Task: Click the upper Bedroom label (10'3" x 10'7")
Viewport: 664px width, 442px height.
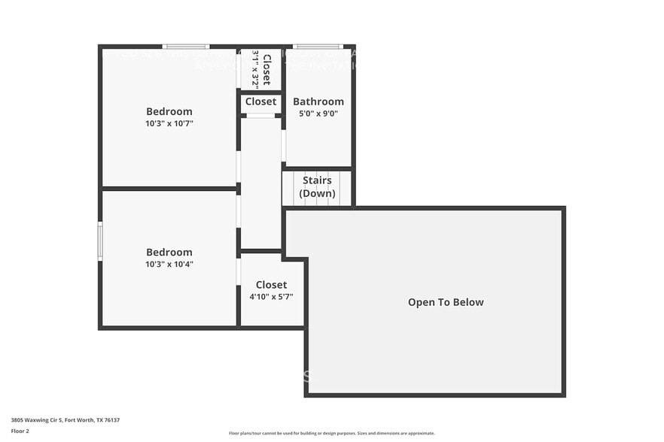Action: click(x=169, y=111)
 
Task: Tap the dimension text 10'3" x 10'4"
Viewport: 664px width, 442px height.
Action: click(x=169, y=265)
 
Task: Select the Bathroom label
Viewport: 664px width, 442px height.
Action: click(x=318, y=101)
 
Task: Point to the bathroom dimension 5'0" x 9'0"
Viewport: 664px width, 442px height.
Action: click(x=318, y=114)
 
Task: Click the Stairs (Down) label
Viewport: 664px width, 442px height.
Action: click(x=317, y=187)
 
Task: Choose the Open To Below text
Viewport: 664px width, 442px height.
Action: click(x=446, y=302)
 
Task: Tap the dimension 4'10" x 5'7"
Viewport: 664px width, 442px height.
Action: click(x=271, y=297)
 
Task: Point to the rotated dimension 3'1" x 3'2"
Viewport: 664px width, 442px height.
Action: click(x=255, y=69)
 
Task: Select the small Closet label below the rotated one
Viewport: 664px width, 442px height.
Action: click(x=260, y=101)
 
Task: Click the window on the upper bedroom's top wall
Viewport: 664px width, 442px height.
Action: click(x=185, y=47)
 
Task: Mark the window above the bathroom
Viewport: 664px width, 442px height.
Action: click(x=317, y=47)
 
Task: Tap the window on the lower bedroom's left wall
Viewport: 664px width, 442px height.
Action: click(x=100, y=241)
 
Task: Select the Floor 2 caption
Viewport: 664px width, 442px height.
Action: click(x=20, y=431)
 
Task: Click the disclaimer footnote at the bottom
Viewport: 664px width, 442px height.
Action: click(x=331, y=433)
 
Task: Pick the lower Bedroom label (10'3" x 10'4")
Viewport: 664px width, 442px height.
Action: click(x=169, y=253)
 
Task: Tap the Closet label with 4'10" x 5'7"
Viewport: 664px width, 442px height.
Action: click(x=271, y=285)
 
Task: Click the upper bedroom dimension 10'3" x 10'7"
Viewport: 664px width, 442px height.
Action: click(x=169, y=123)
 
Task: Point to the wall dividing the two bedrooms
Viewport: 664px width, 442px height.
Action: click(x=169, y=188)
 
